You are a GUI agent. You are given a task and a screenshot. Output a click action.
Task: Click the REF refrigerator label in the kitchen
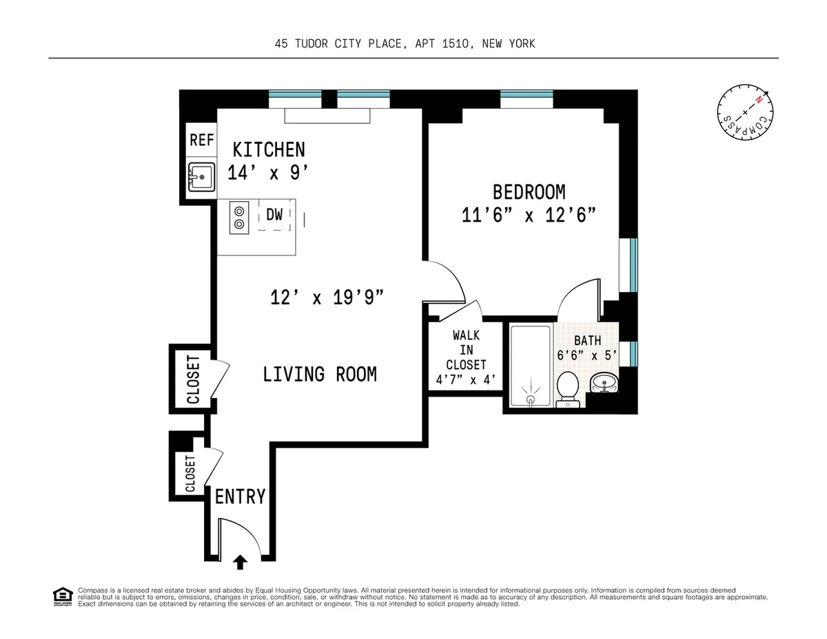201,140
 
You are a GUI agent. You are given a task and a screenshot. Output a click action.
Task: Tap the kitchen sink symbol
201,178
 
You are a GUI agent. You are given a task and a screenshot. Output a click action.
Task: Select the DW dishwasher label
274,215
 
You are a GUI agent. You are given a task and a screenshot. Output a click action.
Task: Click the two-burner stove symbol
239,217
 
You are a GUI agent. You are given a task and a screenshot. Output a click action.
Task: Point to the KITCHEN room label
269,149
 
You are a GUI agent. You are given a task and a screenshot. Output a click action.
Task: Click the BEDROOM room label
529,191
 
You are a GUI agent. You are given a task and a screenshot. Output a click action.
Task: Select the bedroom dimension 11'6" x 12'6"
529,215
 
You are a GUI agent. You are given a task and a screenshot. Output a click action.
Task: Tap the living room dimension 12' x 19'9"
326,298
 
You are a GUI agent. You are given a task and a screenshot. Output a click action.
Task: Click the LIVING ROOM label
320,375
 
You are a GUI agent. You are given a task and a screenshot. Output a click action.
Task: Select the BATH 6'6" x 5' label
587,348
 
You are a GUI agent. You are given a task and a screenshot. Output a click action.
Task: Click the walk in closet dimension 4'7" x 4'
466,379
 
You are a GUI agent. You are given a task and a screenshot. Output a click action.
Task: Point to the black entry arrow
240,563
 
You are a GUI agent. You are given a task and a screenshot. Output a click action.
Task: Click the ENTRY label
240,496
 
